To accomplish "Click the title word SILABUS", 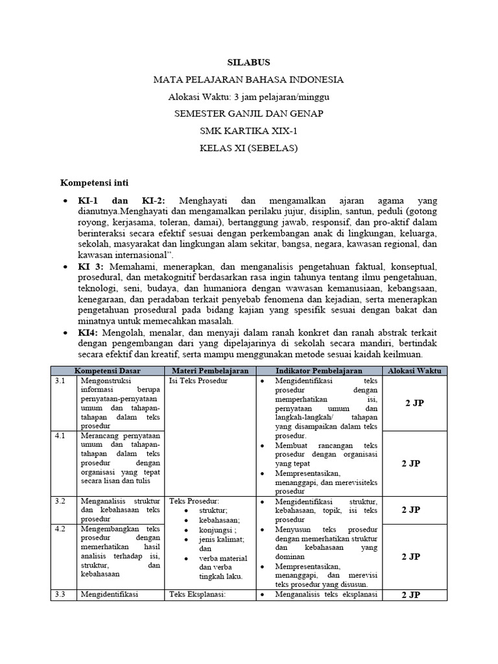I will pyautogui.click(x=248, y=62).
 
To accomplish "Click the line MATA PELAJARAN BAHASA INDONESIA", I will pyautogui.click(x=248, y=80).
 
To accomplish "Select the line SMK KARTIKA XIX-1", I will pyautogui.click(x=248, y=131).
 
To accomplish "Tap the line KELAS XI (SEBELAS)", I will pyautogui.click(x=248, y=148).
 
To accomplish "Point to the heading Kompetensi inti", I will pyautogui.click(x=99, y=183).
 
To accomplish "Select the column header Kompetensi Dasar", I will pyautogui.click(x=108, y=370).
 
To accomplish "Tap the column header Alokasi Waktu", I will pyautogui.click(x=414, y=370).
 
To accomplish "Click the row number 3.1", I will pyautogui.click(x=60, y=381).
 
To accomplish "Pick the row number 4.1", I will pyautogui.click(x=60, y=436).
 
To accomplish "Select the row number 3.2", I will pyautogui.click(x=60, y=501).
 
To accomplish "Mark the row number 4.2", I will pyautogui.click(x=60, y=529).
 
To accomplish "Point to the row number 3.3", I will pyautogui.click(x=60, y=594).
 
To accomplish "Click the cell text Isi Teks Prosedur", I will pyautogui.click(x=198, y=381).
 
